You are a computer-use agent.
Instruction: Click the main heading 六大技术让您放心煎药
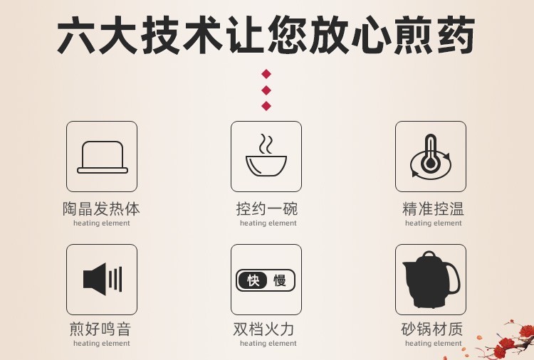pyautogui.click(x=266, y=34)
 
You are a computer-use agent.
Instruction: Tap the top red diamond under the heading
pyautogui.click(x=266, y=74)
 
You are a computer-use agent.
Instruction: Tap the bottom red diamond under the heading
pyautogui.click(x=266, y=106)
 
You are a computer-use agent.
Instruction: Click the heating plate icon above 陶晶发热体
pyautogui.click(x=102, y=157)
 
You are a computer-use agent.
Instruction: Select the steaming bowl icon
pyautogui.click(x=266, y=155)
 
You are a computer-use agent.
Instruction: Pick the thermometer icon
pyautogui.click(x=431, y=156)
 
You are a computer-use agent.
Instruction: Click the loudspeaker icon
pyautogui.click(x=103, y=280)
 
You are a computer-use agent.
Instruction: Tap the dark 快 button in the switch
pyautogui.click(x=253, y=281)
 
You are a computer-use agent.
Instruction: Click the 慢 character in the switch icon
pyautogui.click(x=280, y=281)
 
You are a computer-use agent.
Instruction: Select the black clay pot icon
pyautogui.click(x=431, y=280)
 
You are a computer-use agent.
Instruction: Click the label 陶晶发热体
pyautogui.click(x=102, y=208)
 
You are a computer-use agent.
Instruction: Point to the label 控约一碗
pyautogui.click(x=267, y=208)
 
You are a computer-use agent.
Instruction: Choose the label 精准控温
pyautogui.click(x=433, y=208)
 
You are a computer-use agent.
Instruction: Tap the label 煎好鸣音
pyautogui.click(x=100, y=329)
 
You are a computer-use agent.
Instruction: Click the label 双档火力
pyautogui.click(x=263, y=329)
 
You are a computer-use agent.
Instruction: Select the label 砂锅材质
pyautogui.click(x=432, y=329)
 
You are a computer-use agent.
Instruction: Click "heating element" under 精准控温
pyautogui.click(x=433, y=223)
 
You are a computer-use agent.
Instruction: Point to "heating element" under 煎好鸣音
pyautogui.click(x=102, y=344)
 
